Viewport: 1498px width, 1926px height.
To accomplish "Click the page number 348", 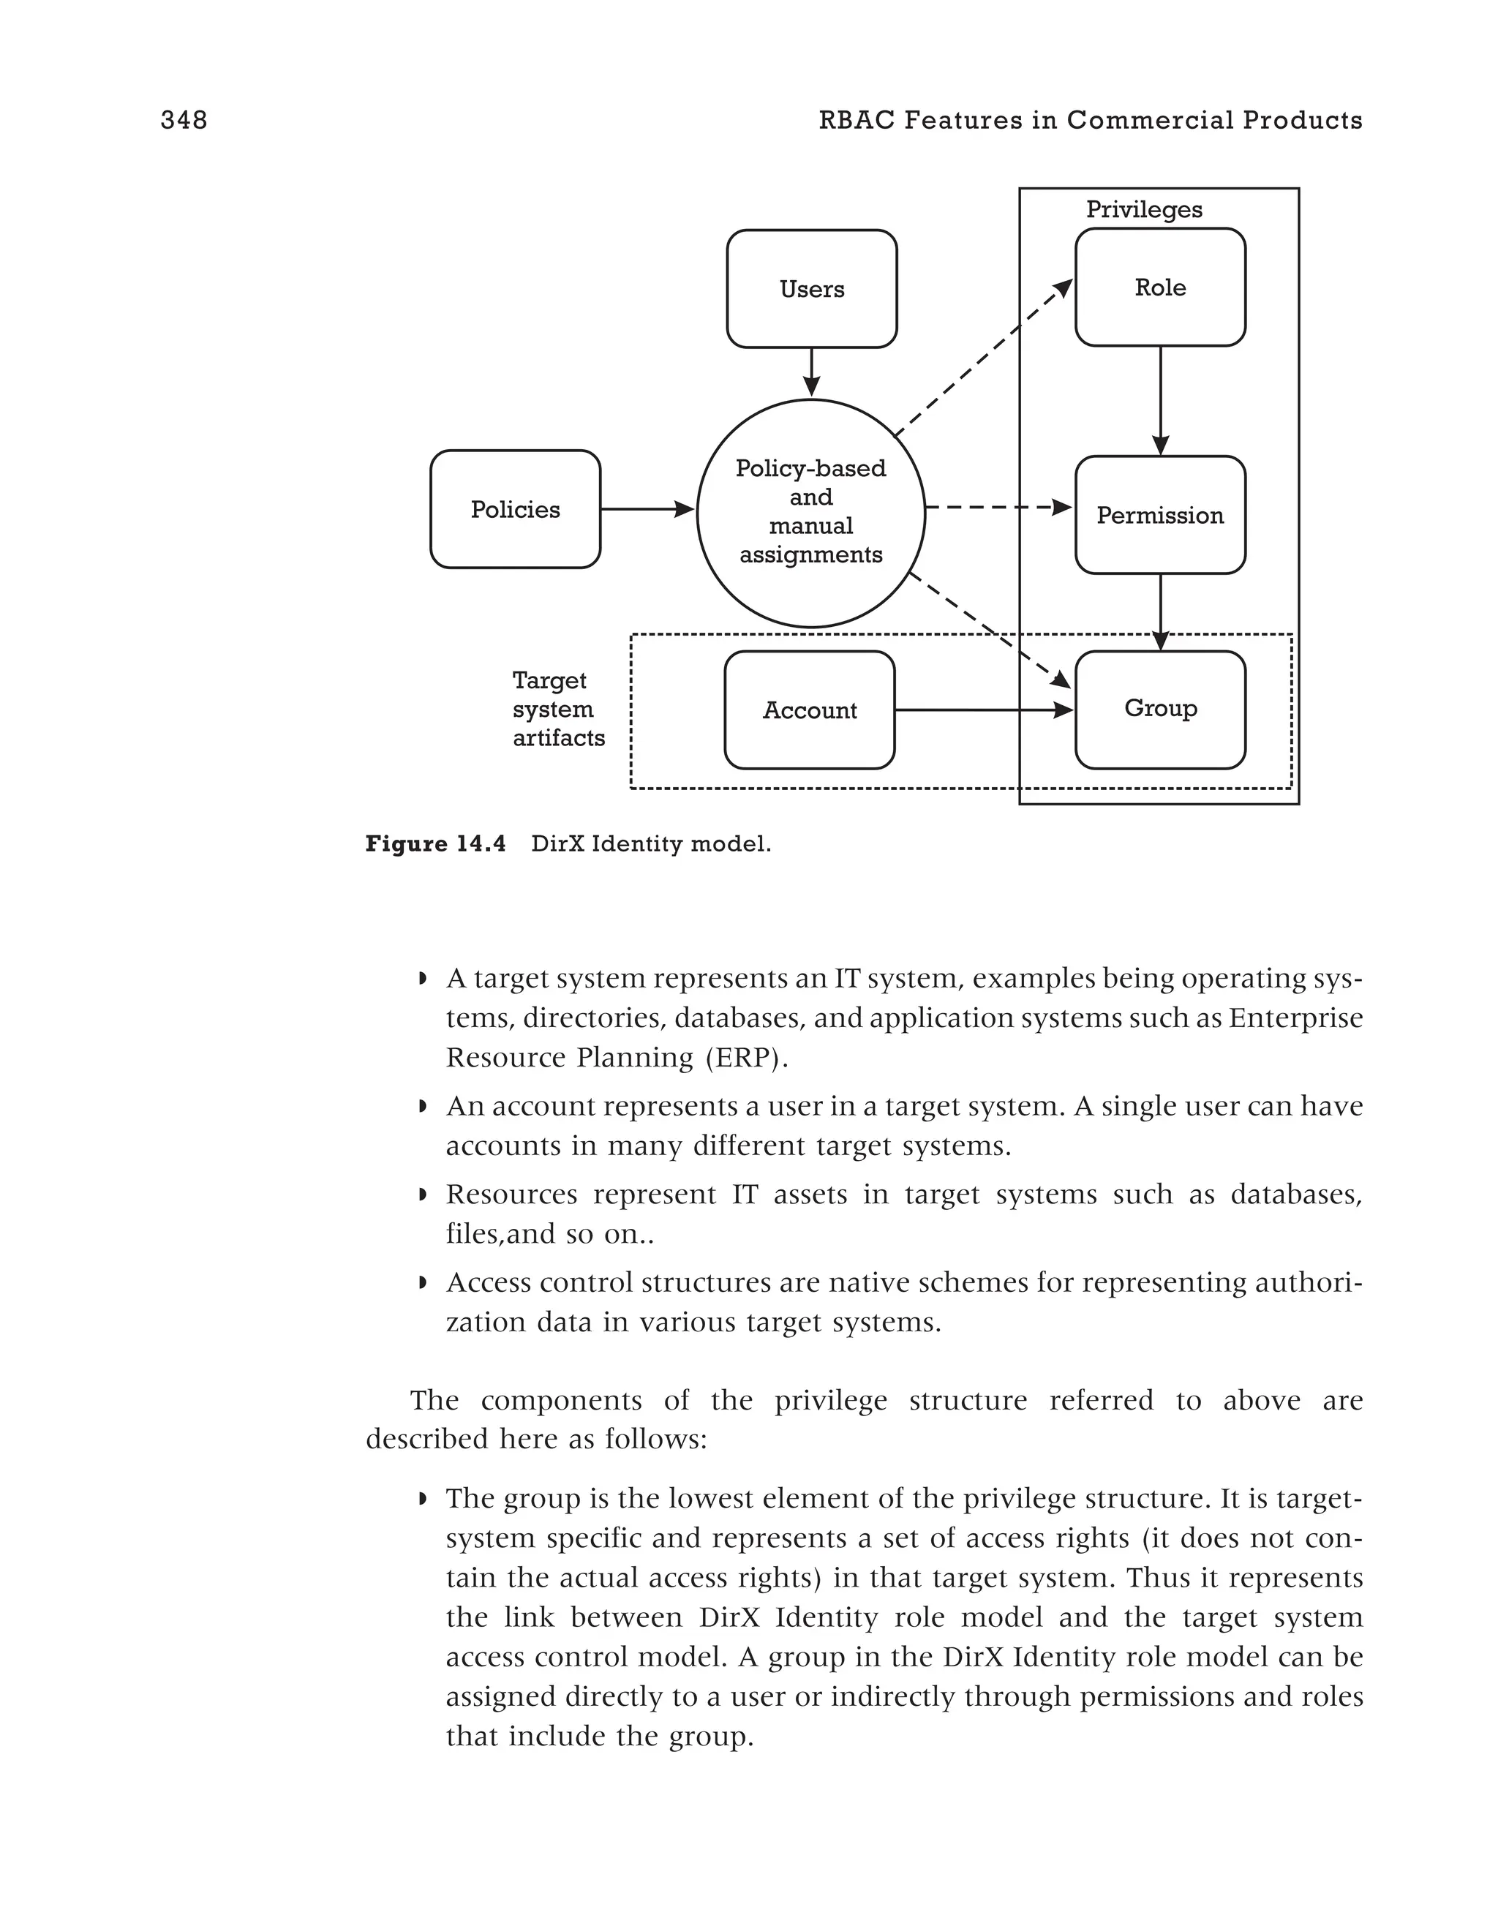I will [184, 120].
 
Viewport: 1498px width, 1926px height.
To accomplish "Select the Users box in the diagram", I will [811, 289].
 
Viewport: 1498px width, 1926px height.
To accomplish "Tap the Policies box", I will [515, 510].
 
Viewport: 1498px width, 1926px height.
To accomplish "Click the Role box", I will [1159, 287].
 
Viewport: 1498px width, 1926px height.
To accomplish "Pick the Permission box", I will [1159, 515].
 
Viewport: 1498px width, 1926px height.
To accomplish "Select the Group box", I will [1159, 709].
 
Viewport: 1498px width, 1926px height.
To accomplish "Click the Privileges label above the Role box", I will [1143, 210].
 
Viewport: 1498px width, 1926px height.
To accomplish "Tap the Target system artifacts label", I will [557, 709].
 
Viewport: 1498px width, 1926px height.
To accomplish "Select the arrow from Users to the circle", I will [811, 372].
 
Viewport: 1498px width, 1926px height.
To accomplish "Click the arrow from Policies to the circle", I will [647, 509].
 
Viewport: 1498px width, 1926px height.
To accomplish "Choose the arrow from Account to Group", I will [983, 710].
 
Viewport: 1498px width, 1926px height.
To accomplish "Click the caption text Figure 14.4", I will [435, 844].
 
